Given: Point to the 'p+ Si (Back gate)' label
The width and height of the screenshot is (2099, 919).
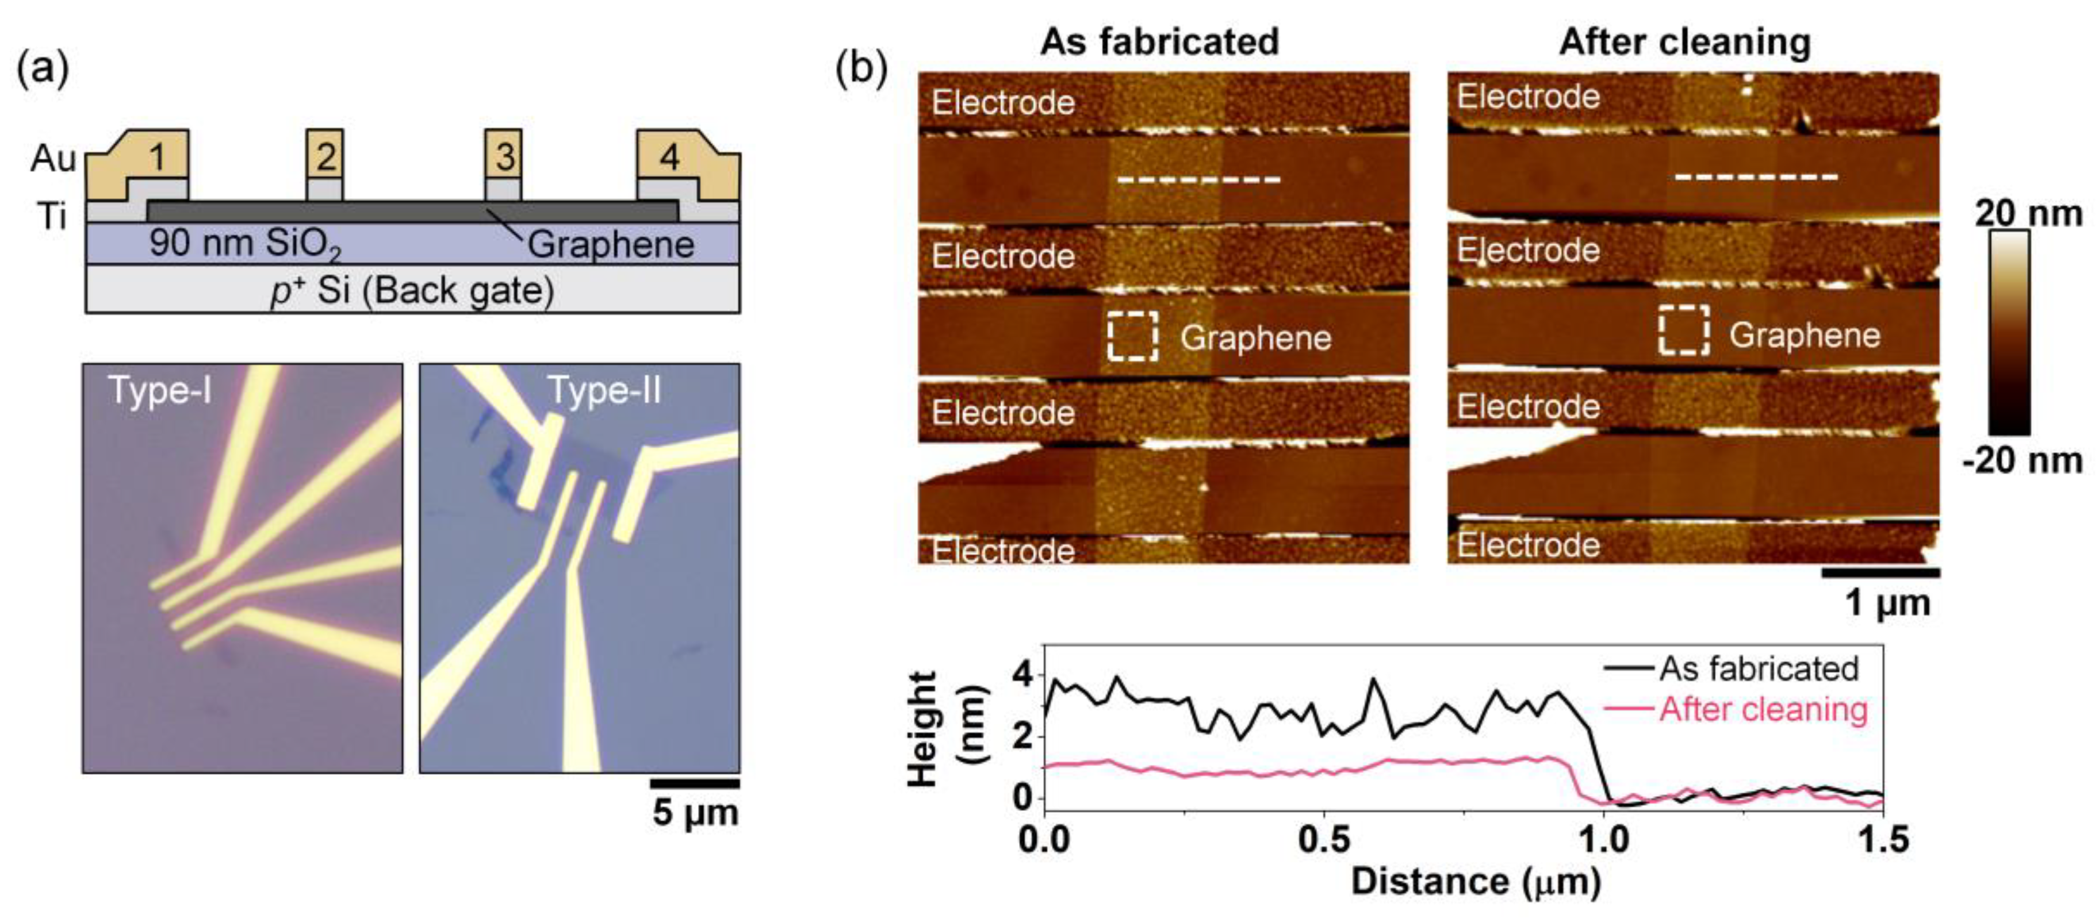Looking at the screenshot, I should tap(412, 291).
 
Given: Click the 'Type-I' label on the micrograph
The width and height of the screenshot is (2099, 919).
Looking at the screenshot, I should tap(160, 390).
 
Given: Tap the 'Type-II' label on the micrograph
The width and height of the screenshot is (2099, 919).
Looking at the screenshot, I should tap(604, 390).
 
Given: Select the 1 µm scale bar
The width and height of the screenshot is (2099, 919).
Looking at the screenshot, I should tap(1880, 573).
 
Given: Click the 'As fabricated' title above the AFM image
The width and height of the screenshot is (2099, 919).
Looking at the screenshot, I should tap(1159, 41).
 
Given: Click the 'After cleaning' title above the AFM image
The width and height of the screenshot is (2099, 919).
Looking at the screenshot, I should tap(1685, 41).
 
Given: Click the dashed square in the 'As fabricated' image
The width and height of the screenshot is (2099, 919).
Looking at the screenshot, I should tap(1133, 335).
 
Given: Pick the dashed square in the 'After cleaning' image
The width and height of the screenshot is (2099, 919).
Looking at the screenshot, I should tap(1684, 330).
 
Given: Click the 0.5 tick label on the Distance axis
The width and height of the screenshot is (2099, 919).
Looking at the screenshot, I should tap(1324, 840).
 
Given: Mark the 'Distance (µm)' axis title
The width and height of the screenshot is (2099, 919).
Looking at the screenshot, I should tap(1476, 882).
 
